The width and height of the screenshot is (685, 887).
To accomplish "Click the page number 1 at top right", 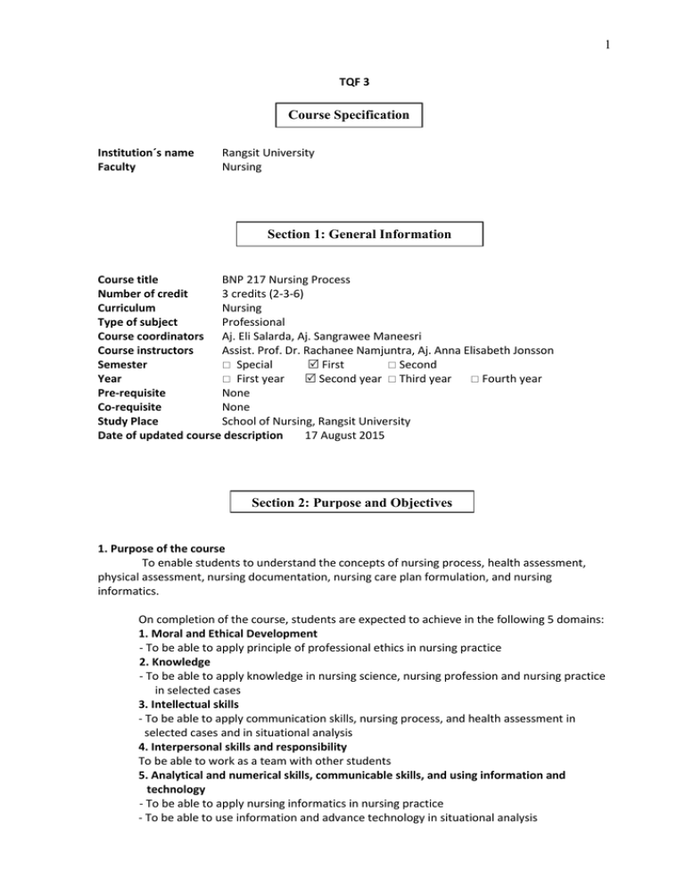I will click(x=669, y=16).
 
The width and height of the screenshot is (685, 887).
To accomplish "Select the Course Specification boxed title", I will click(x=348, y=115).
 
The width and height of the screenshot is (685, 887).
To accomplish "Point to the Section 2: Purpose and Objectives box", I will click(x=351, y=503).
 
